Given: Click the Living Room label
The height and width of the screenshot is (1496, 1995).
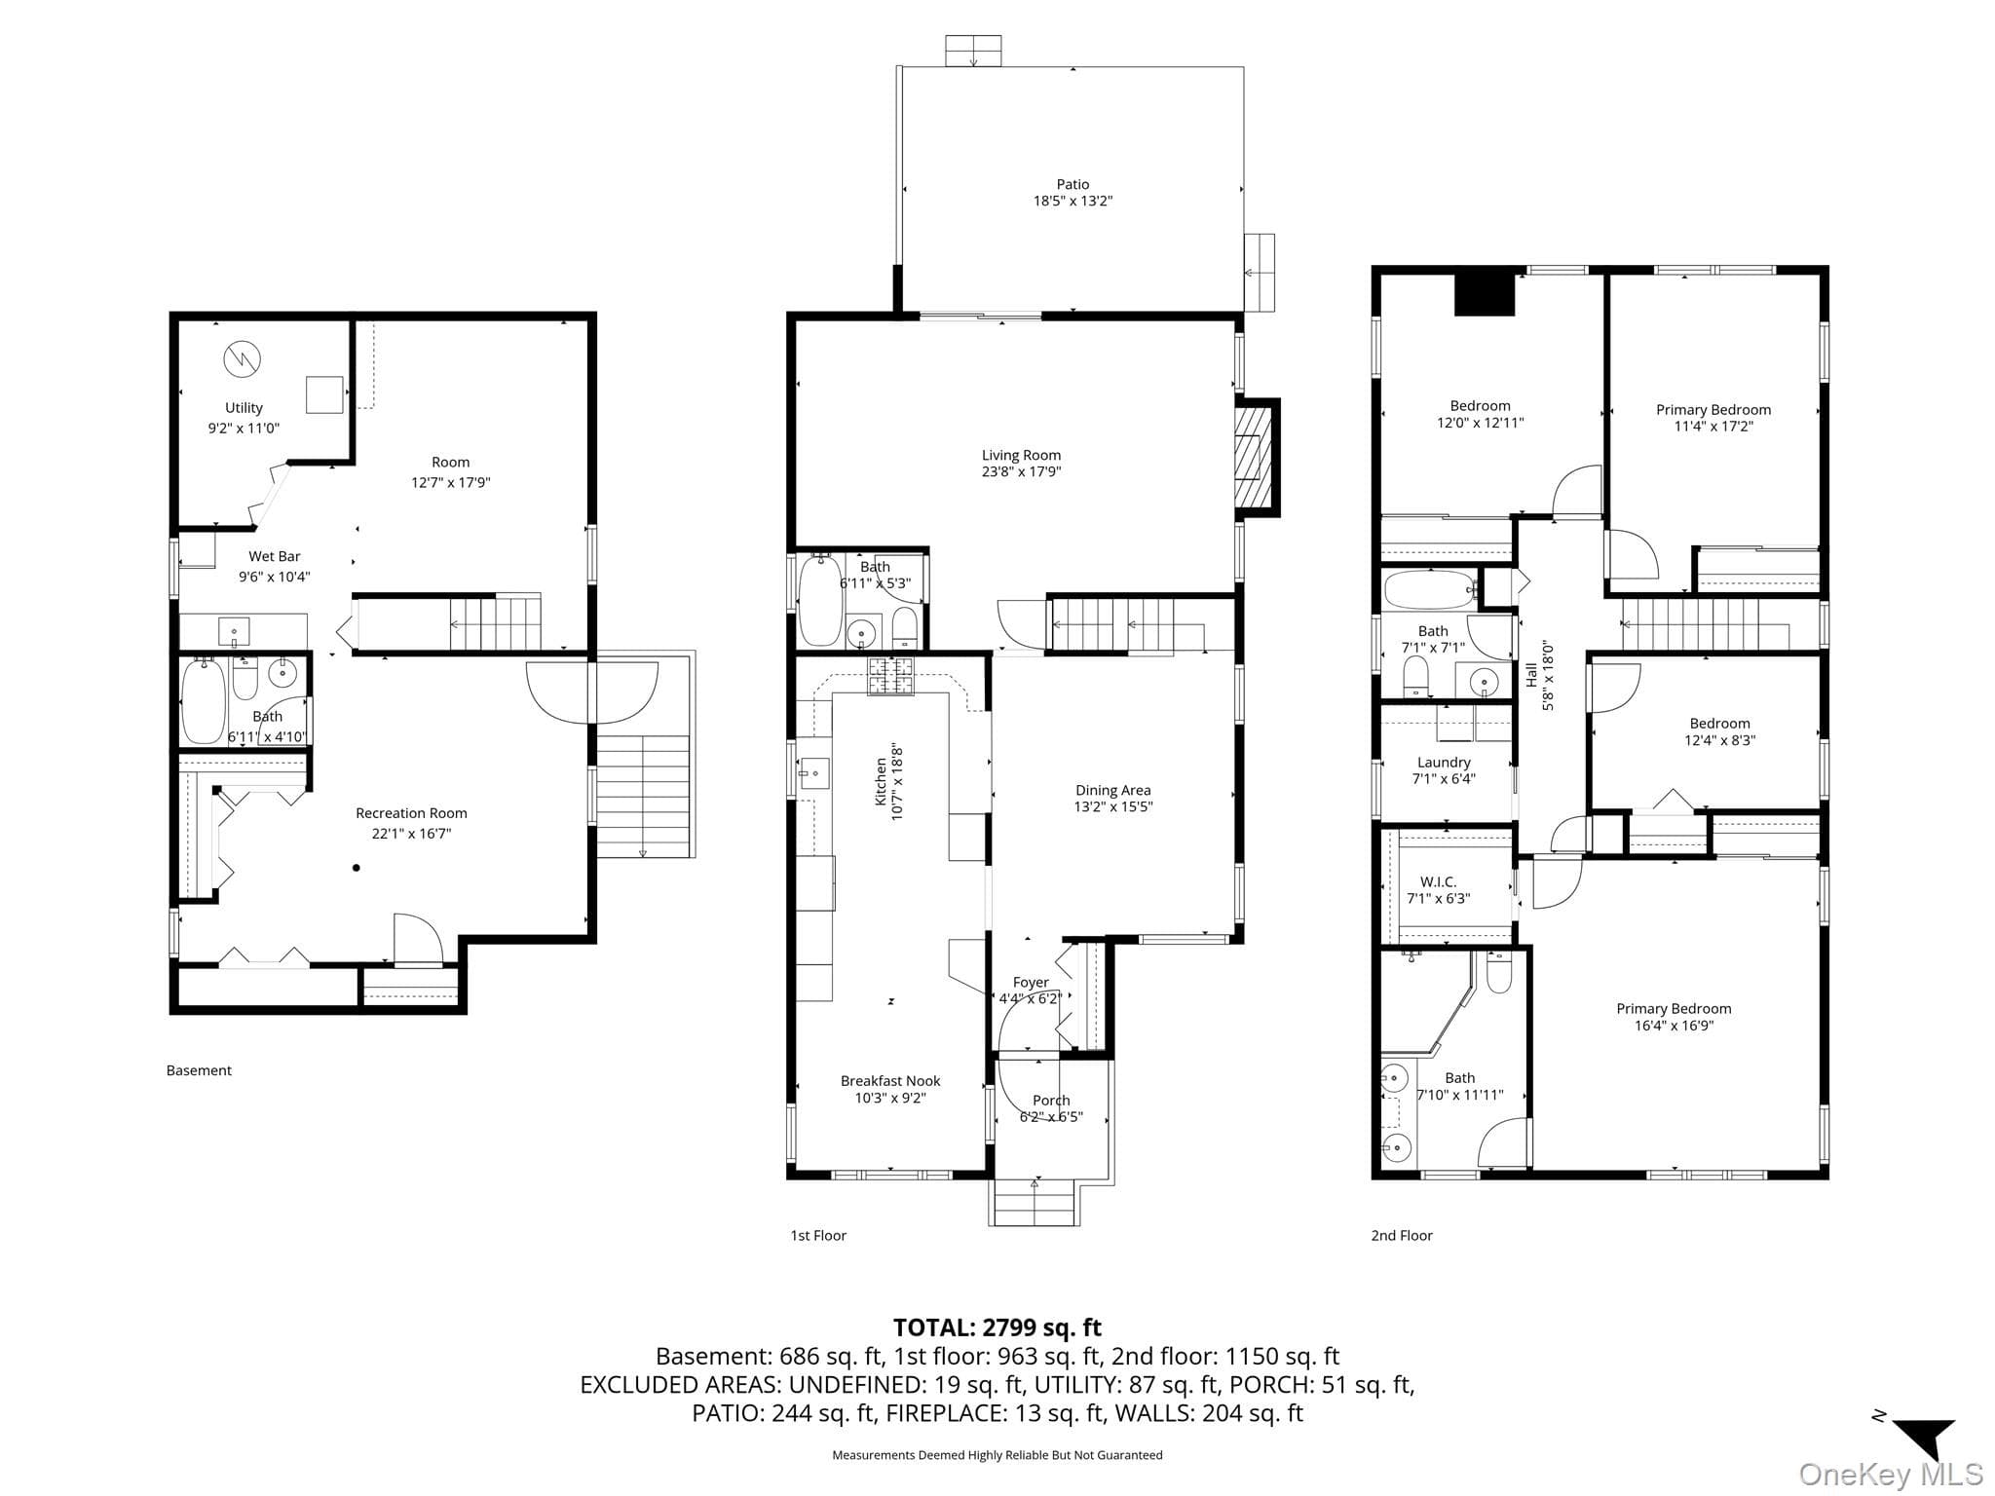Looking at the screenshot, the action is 1021,455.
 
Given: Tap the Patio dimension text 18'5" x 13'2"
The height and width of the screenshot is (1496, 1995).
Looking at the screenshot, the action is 1073,202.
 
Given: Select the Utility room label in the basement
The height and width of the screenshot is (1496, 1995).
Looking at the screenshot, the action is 244,408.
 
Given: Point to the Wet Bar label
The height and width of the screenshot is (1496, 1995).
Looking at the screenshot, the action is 275,556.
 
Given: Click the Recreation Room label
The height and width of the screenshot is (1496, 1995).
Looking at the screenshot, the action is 411,813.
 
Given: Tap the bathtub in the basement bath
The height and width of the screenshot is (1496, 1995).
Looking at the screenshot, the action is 204,703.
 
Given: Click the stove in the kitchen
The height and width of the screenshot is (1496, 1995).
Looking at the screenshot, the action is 892,677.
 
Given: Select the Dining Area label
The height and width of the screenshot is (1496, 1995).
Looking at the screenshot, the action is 1113,790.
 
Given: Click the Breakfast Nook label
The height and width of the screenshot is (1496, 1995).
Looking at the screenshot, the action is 890,1081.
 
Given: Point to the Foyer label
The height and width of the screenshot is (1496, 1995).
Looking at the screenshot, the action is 1031,983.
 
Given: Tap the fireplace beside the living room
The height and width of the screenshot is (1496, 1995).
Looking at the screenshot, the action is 1257,458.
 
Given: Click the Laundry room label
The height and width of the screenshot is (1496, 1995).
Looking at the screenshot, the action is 1444,763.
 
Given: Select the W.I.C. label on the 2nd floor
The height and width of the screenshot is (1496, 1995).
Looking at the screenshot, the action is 1438,882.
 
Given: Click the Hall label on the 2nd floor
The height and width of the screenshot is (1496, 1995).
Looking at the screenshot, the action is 1531,675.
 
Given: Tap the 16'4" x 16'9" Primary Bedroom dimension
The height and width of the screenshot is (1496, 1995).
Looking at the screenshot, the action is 1674,1026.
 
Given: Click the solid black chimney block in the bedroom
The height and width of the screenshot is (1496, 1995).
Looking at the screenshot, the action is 1485,292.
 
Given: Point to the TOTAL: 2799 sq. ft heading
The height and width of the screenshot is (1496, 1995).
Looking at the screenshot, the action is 997,1328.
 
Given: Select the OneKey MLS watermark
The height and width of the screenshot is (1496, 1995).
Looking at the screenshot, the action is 1890,1474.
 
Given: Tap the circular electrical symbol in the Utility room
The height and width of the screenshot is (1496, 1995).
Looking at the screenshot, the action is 243,360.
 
